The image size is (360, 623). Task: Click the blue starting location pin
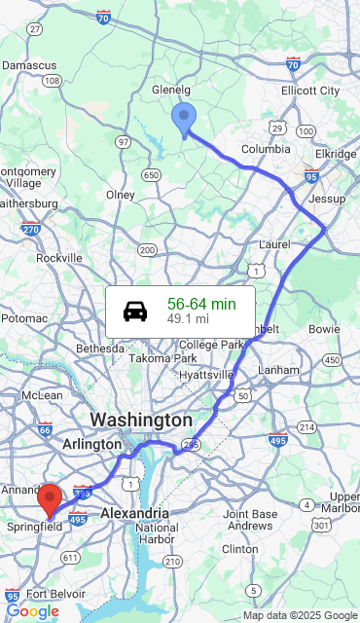coord(183,119)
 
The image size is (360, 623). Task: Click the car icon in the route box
coord(135,311)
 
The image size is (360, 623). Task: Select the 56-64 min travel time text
coord(201,304)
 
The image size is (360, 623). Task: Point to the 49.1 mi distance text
coord(188,318)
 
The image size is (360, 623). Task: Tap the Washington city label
coord(141,420)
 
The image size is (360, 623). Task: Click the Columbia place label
coord(266,149)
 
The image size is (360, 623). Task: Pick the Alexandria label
coord(134,512)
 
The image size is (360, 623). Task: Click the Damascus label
coord(29,63)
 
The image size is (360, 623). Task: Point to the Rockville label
coord(59,258)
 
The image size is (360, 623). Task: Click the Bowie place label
coord(324,329)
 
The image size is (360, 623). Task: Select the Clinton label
coord(240,549)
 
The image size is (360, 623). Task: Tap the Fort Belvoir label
coord(50,594)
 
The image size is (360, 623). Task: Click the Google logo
coord(32,611)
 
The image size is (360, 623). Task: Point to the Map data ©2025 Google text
coord(300,615)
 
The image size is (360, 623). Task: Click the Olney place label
coord(121,195)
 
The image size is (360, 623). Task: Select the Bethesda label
coord(100,348)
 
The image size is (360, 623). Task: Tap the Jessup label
coord(326,199)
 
